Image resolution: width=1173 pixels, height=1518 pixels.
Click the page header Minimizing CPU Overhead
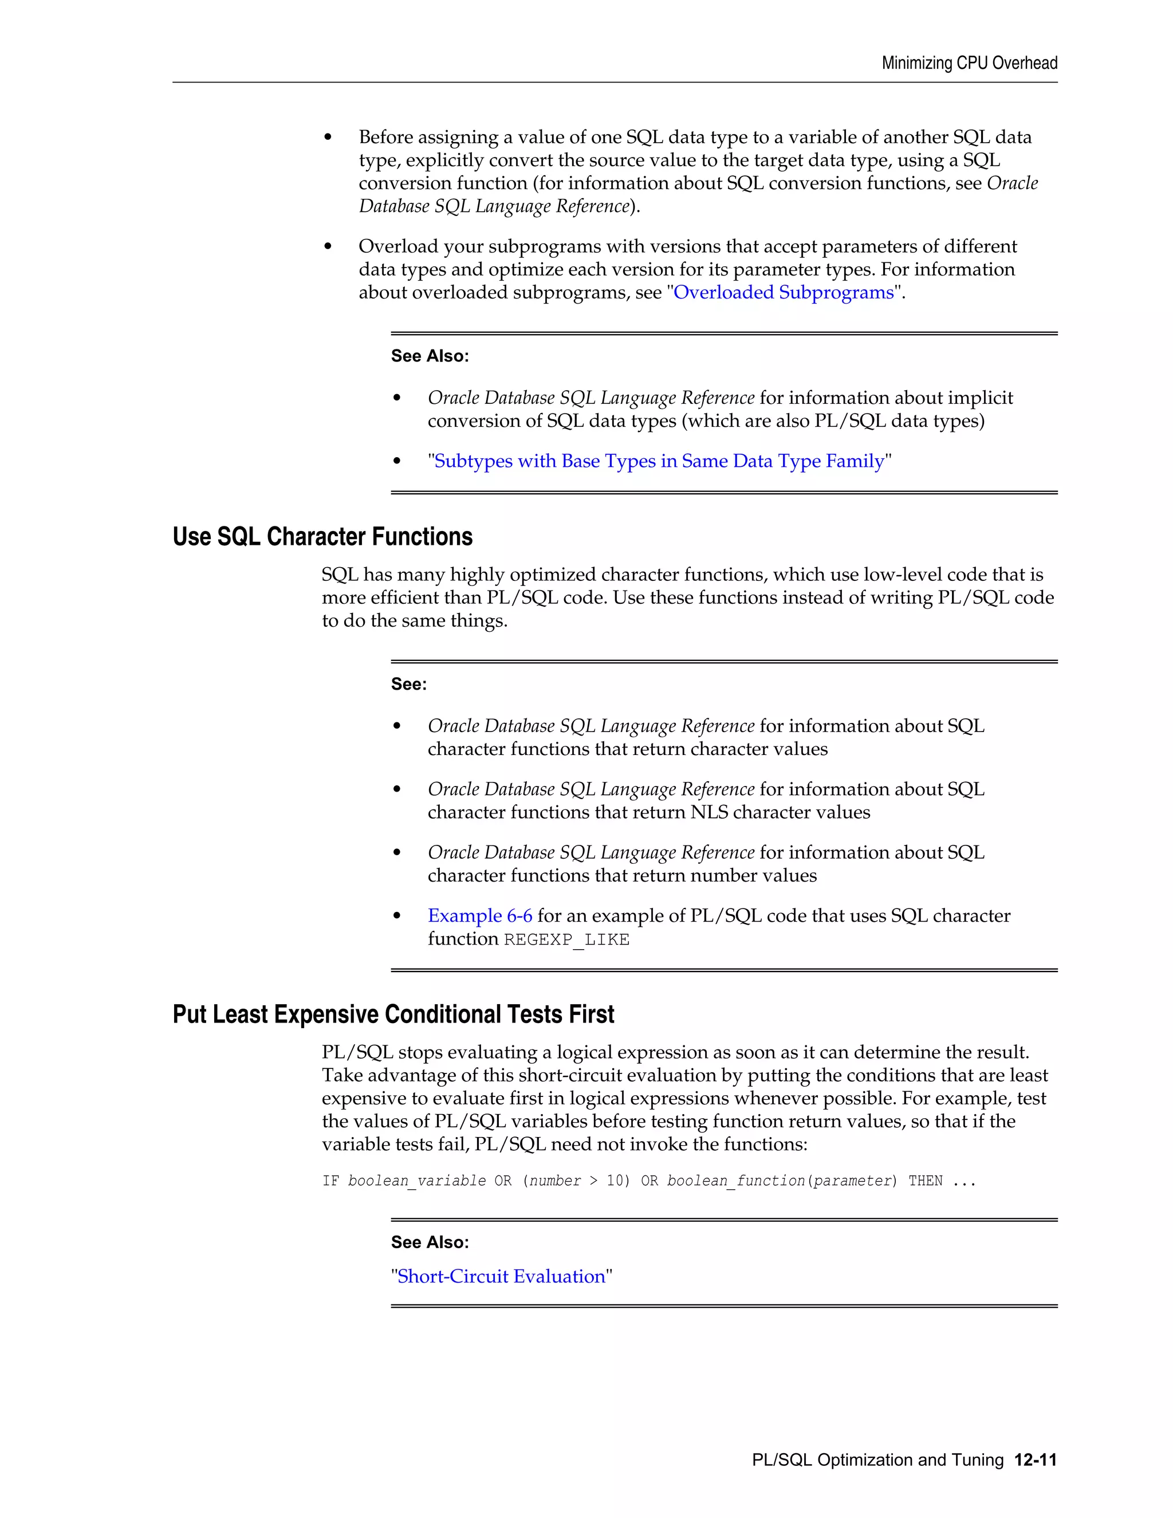coord(970,63)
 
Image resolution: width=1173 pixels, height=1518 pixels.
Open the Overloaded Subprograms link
coord(783,292)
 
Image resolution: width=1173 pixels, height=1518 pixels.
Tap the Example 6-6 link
coord(479,915)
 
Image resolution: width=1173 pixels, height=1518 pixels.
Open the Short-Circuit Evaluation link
coord(501,1276)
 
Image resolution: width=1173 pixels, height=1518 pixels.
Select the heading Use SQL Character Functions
coord(322,537)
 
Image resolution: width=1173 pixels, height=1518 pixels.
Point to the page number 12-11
coord(1035,1460)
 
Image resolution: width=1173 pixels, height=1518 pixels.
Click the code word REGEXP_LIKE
coord(566,939)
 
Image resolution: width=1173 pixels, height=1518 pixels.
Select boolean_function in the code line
coord(735,1181)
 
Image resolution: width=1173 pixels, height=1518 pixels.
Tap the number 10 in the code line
coord(615,1181)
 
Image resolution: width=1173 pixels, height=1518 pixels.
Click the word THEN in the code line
coord(925,1181)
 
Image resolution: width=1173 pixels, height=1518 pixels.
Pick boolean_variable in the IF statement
coord(416,1181)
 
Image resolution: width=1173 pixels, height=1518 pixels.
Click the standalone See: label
coord(408,684)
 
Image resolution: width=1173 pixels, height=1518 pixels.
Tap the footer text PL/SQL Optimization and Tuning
coord(877,1460)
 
